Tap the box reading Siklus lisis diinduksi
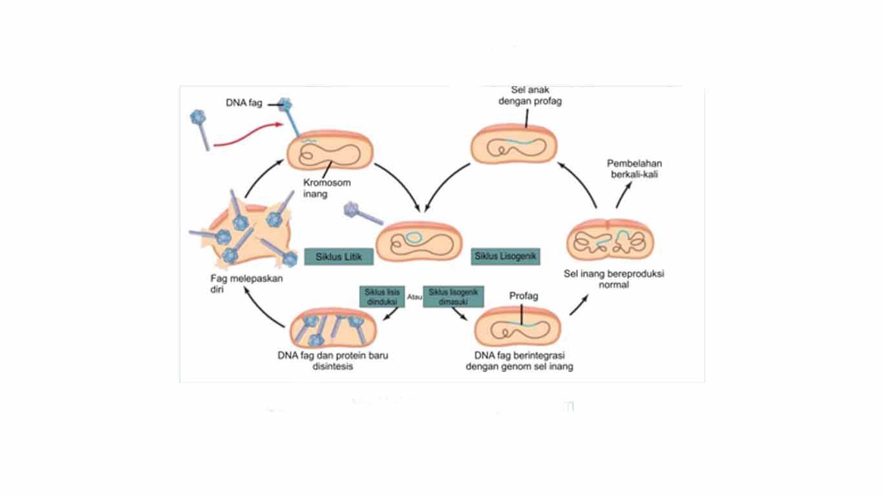click(x=382, y=296)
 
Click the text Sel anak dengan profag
click(x=529, y=96)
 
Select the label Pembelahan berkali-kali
click(x=634, y=168)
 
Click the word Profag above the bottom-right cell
click(x=524, y=296)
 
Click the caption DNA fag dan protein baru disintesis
click(x=332, y=360)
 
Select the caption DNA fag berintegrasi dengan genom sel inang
click(x=524, y=360)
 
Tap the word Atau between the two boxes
click(x=414, y=297)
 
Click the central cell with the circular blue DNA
click(x=420, y=240)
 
